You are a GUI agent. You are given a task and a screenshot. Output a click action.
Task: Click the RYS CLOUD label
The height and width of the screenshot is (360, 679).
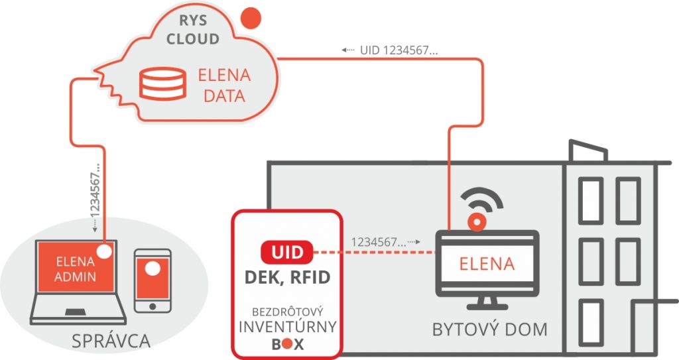193,29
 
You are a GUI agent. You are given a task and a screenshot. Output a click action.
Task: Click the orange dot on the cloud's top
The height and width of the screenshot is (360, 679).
249,18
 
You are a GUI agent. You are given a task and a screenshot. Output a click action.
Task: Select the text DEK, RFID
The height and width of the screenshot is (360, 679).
287,277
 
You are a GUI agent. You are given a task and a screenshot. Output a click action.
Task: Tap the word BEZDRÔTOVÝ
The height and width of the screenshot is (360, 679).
287,311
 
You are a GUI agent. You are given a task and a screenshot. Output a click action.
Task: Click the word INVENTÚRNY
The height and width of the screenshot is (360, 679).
287,327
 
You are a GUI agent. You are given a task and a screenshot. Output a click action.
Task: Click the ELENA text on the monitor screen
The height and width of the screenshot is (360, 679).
487,263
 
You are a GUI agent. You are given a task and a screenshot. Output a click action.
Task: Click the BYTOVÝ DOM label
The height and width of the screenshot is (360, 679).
489,329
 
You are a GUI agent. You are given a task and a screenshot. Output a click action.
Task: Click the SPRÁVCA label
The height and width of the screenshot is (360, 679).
111,341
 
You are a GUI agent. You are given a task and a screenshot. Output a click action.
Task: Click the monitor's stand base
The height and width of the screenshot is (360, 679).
487,308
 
